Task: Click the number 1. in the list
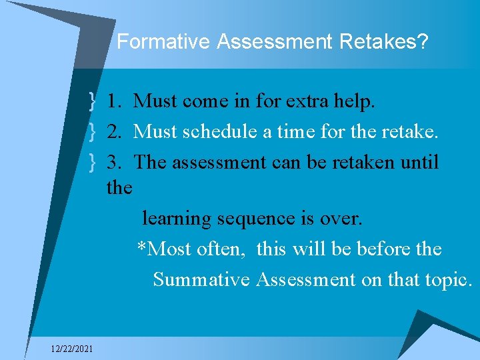click(114, 101)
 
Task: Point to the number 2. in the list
click(114, 132)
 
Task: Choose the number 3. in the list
click(114, 163)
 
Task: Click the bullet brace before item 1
click(91, 101)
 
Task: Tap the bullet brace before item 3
click(91, 163)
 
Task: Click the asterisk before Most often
click(141, 247)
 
